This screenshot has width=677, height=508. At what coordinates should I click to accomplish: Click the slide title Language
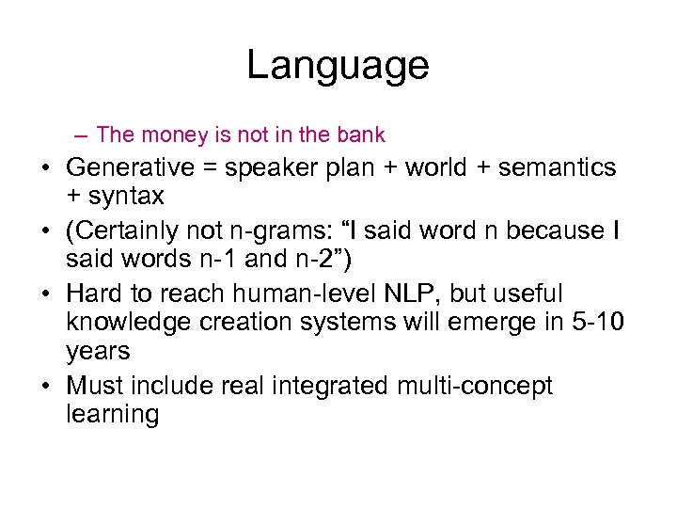(338, 66)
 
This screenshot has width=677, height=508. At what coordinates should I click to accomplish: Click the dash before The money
(85, 135)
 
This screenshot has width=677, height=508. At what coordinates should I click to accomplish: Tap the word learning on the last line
(113, 415)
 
